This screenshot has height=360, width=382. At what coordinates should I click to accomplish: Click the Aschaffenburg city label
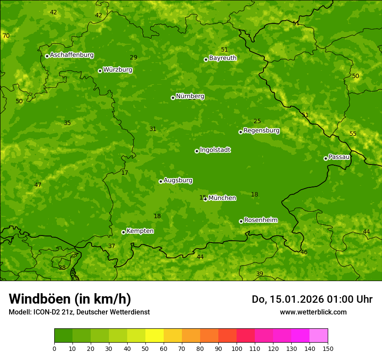[x=72, y=55]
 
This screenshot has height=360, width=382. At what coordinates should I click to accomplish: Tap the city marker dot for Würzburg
[x=100, y=71]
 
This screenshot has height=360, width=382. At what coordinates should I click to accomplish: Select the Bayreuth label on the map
[x=223, y=58]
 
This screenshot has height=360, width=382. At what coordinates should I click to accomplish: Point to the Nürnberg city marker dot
[x=173, y=98]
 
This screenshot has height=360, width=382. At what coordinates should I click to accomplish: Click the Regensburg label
[x=261, y=131]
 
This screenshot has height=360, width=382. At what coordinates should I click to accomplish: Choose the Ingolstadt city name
[x=215, y=150]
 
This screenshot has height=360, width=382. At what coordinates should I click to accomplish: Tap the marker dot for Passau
[x=326, y=158]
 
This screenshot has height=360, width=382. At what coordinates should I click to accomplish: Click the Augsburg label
[x=178, y=180]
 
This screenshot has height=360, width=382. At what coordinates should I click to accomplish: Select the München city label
[x=222, y=198]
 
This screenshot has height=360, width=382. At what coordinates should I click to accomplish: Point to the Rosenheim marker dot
[x=241, y=221]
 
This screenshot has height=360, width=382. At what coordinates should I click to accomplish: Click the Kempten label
[x=140, y=231]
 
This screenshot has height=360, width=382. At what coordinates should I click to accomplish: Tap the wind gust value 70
[x=6, y=36]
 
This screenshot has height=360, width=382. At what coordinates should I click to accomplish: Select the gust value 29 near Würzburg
[x=134, y=57]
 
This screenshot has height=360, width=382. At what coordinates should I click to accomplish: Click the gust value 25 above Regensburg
[x=257, y=121]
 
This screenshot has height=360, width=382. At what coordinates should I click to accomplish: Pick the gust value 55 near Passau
[x=353, y=134]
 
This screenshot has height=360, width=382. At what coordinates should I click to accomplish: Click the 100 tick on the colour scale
[x=237, y=348]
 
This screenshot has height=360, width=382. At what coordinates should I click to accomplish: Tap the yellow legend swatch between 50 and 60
[x=155, y=336]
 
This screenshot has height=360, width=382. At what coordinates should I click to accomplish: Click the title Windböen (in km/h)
[x=70, y=299]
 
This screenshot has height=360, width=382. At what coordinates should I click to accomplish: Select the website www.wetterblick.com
[x=313, y=312]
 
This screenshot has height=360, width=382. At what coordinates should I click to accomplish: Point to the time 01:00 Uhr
[x=349, y=299]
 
